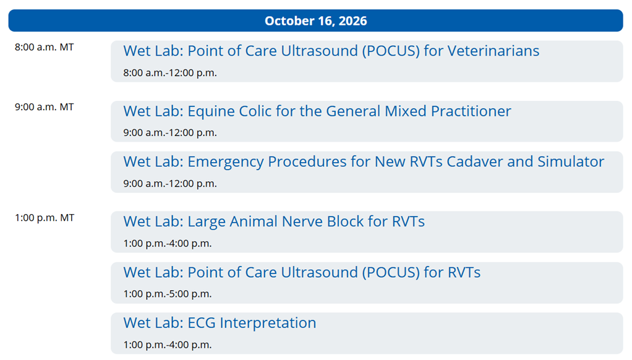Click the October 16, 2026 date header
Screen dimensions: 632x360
click(315, 21)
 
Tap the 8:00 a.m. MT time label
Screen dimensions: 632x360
click(45, 47)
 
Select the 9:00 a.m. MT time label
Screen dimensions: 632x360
click(45, 107)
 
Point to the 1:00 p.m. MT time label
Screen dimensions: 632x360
click(45, 218)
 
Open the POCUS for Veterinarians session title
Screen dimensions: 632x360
click(331, 51)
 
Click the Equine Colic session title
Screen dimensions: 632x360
click(317, 111)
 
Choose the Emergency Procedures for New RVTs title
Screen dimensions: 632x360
click(364, 161)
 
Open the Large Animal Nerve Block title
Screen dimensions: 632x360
click(274, 221)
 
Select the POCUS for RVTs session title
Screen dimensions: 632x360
click(302, 273)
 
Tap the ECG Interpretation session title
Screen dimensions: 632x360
click(220, 323)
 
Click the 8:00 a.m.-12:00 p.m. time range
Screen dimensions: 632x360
click(170, 73)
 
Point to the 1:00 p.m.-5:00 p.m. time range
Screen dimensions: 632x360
click(167, 294)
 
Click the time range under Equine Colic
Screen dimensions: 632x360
click(170, 132)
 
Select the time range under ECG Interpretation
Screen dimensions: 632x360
click(167, 345)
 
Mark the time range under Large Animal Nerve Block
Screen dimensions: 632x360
click(167, 244)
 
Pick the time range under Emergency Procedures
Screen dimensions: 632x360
click(170, 184)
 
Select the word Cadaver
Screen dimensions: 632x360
click(474, 161)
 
